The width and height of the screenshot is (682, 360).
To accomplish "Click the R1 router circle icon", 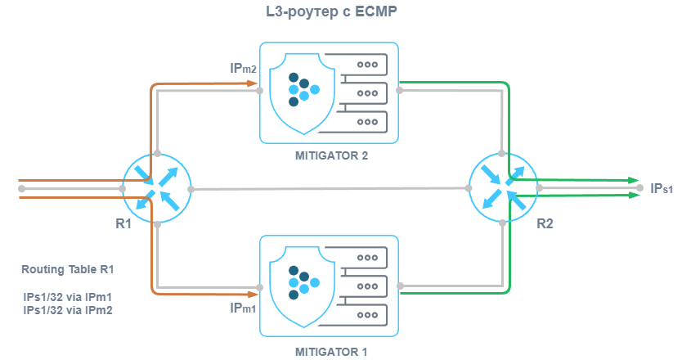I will pos(156,187).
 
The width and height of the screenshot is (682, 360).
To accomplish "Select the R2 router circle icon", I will pos(504,187).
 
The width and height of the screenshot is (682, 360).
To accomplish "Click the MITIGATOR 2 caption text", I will pos(330,155).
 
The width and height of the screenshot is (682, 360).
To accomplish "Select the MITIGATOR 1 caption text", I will pos(330,351).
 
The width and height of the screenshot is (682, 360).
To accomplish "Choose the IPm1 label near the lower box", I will pos(243,309).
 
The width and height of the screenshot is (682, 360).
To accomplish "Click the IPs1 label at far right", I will pos(661,189).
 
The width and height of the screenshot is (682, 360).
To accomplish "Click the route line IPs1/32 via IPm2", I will pos(68,311).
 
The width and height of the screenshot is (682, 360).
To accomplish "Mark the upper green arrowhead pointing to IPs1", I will pos(635,180).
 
